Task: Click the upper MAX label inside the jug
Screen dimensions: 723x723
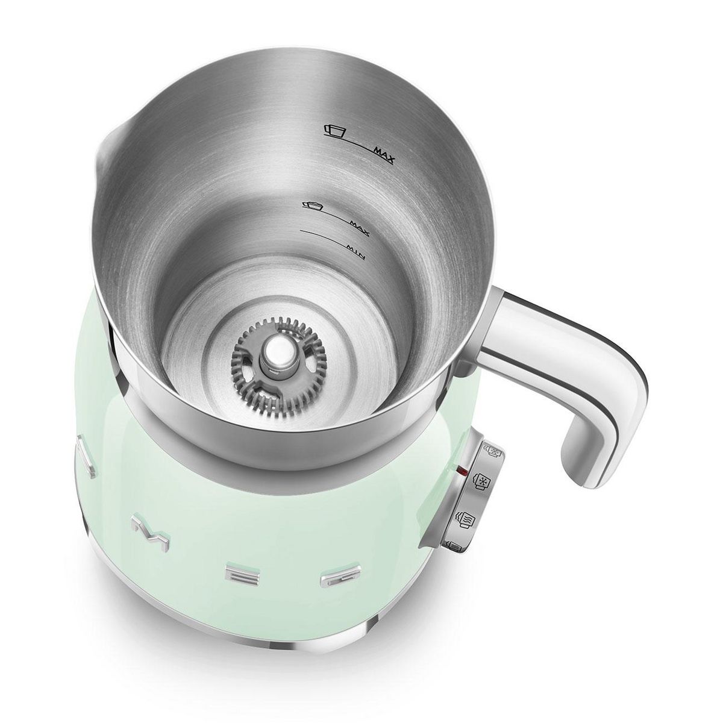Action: click(382, 158)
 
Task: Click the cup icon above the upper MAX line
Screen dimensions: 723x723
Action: click(334, 131)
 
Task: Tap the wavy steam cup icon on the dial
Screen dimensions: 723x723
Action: click(468, 518)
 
